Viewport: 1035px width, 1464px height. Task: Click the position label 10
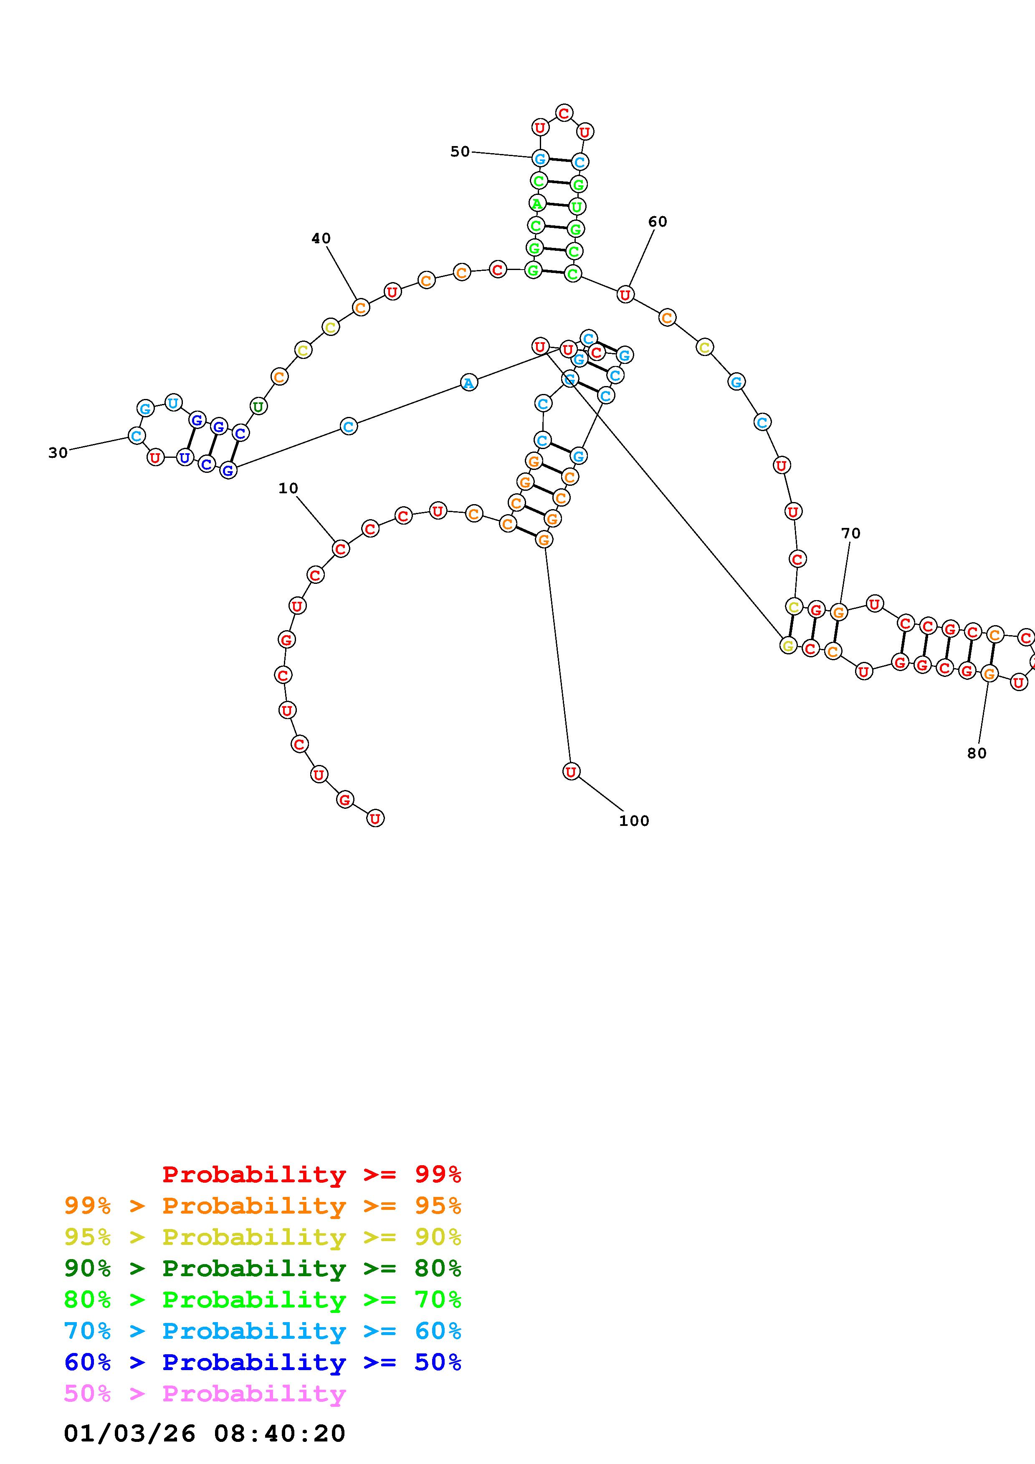(288, 488)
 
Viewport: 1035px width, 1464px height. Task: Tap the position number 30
(58, 453)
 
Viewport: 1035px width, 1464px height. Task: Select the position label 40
(321, 238)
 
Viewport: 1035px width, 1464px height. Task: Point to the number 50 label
(460, 152)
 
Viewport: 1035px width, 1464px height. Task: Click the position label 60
(658, 222)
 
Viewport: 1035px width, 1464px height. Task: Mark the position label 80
(976, 753)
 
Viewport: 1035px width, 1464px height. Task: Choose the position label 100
(634, 820)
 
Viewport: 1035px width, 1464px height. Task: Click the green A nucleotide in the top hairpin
(537, 204)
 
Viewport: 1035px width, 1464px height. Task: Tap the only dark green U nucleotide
(258, 406)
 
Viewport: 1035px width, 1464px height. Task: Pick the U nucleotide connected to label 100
(572, 772)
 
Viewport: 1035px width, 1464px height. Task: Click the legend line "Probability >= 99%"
(312, 1174)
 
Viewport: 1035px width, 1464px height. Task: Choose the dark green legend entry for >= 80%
(263, 1268)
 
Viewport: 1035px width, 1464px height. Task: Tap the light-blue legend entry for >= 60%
(263, 1331)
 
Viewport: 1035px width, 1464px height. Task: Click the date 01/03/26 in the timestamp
(129, 1434)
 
